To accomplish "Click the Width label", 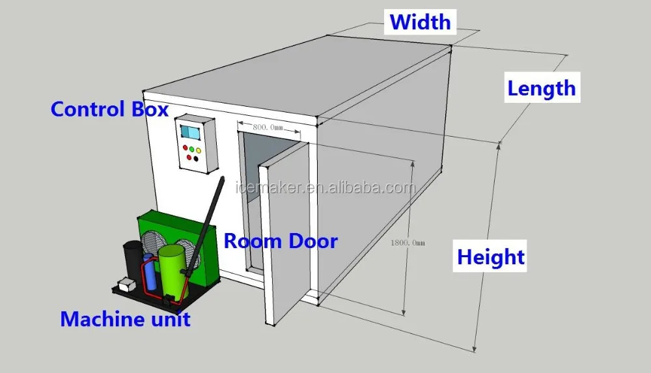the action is tap(421, 21).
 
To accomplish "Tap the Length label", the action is tap(541, 88).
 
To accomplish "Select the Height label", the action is tap(490, 256).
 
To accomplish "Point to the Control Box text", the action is tap(109, 109).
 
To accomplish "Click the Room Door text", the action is tap(281, 241).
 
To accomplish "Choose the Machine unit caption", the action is tap(125, 319).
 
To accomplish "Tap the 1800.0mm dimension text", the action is tap(408, 242).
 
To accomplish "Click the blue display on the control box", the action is tap(191, 131).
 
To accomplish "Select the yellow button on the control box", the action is tap(199, 151).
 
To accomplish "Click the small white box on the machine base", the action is tap(125, 284).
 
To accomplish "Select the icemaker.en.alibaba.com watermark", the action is tap(324, 188).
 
